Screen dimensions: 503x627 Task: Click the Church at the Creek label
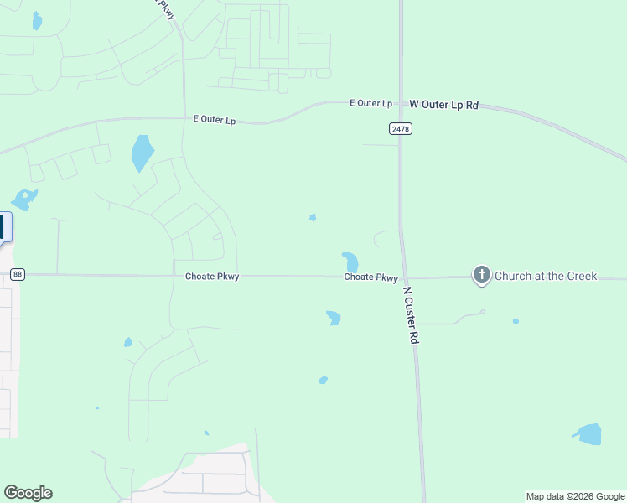click(x=546, y=276)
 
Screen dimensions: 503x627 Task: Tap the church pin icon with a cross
click(x=481, y=274)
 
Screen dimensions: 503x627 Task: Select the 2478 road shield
click(x=401, y=128)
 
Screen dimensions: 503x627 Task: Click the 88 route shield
click(x=18, y=274)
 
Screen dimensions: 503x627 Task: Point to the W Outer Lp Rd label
click(x=443, y=105)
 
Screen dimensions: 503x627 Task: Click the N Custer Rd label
click(x=411, y=315)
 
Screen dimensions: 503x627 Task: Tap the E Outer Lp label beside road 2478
click(x=370, y=103)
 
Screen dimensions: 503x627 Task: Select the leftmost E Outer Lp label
click(x=214, y=120)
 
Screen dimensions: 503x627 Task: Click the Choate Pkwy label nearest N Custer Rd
click(x=370, y=277)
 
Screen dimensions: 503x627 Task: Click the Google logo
click(x=28, y=493)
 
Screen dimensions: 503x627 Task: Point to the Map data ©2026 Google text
click(x=575, y=496)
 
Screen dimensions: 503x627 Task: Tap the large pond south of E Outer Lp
click(x=142, y=153)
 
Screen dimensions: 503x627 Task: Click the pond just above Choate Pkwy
click(x=350, y=261)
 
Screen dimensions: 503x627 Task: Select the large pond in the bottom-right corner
click(x=588, y=433)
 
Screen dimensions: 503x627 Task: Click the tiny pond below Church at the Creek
click(x=516, y=321)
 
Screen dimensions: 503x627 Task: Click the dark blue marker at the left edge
click(x=3, y=227)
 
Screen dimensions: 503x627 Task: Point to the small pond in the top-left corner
click(x=36, y=21)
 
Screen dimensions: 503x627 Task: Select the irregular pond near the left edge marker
click(x=23, y=200)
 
